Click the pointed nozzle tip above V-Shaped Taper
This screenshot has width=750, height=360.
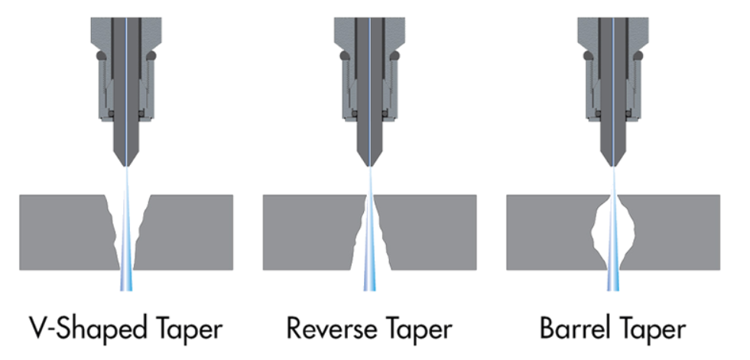[127, 162]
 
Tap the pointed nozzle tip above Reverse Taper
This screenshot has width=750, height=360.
[371, 162]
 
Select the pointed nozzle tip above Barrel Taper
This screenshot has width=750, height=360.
[613, 162]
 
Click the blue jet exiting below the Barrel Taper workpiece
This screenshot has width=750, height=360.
[613, 281]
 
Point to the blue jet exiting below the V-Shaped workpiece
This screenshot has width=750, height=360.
[127, 281]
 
